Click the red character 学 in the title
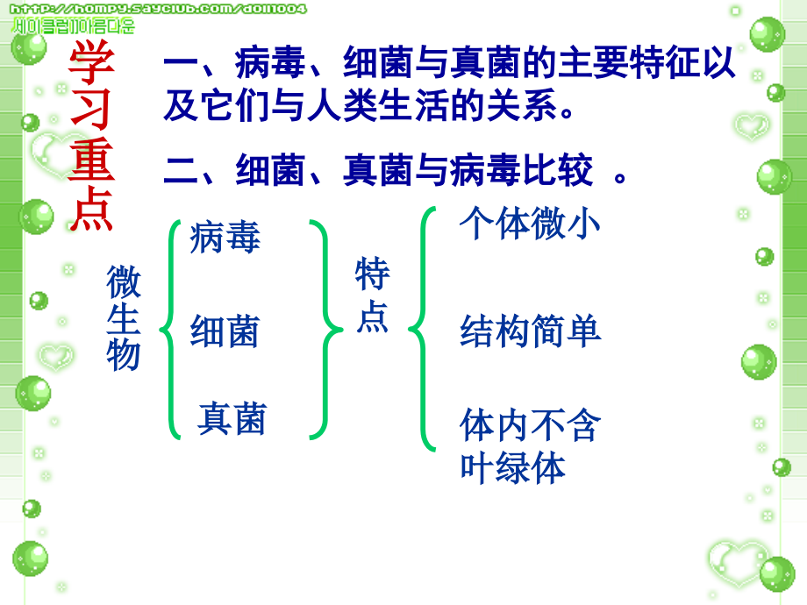point(91,60)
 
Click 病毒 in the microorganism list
point(225,238)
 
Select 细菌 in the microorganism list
point(225,333)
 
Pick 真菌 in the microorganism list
point(232,418)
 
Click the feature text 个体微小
point(530,224)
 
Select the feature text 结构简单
point(530,332)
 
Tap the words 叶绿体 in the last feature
point(513,467)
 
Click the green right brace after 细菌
point(325,330)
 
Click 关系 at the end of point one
point(521,107)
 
